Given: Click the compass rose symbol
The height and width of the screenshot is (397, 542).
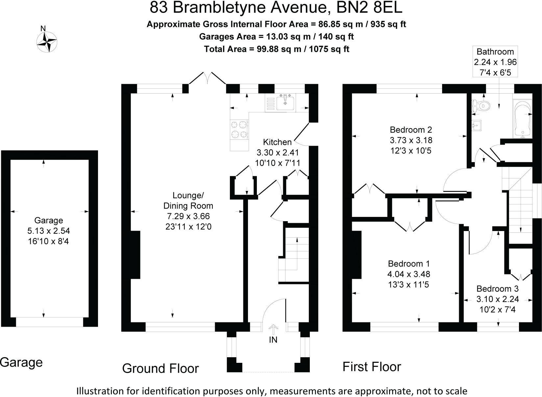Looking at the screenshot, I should (46, 42).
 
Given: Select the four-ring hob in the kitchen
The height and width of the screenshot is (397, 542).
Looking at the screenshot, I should (239, 129).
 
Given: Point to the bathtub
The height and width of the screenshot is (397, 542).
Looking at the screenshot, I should (522, 119).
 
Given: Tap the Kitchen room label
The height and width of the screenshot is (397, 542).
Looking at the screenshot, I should (277, 142).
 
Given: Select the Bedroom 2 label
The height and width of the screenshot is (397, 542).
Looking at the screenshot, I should (411, 129).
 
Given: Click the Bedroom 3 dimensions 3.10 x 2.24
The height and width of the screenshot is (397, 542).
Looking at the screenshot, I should (497, 299).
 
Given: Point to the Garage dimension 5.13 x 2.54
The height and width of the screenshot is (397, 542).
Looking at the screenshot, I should (49, 231).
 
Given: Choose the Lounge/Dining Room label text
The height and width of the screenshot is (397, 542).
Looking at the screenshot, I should (188, 200).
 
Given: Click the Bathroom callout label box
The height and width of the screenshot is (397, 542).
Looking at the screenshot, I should (495, 62).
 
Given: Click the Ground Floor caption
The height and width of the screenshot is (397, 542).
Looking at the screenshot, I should (160, 368).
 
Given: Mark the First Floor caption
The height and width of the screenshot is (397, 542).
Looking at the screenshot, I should (372, 366).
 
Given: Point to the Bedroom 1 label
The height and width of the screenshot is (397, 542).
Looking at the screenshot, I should (409, 264).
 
